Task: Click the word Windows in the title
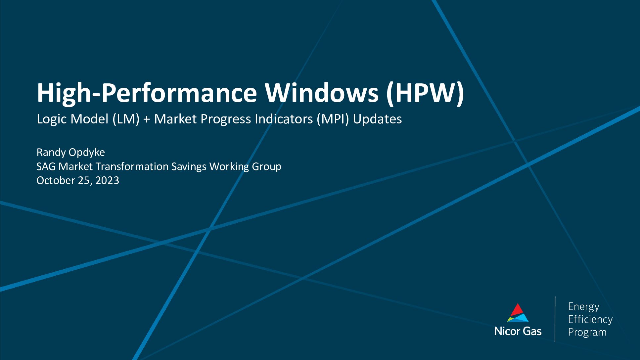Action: (321, 93)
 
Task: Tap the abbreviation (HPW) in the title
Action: (425, 94)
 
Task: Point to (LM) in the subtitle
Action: (126, 119)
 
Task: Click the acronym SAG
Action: (46, 166)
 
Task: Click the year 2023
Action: (107, 180)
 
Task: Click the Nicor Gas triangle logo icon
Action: (518, 313)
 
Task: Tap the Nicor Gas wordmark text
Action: (518, 331)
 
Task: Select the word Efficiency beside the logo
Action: (590, 319)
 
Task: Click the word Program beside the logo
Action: (587, 333)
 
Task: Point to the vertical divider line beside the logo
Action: (555, 319)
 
